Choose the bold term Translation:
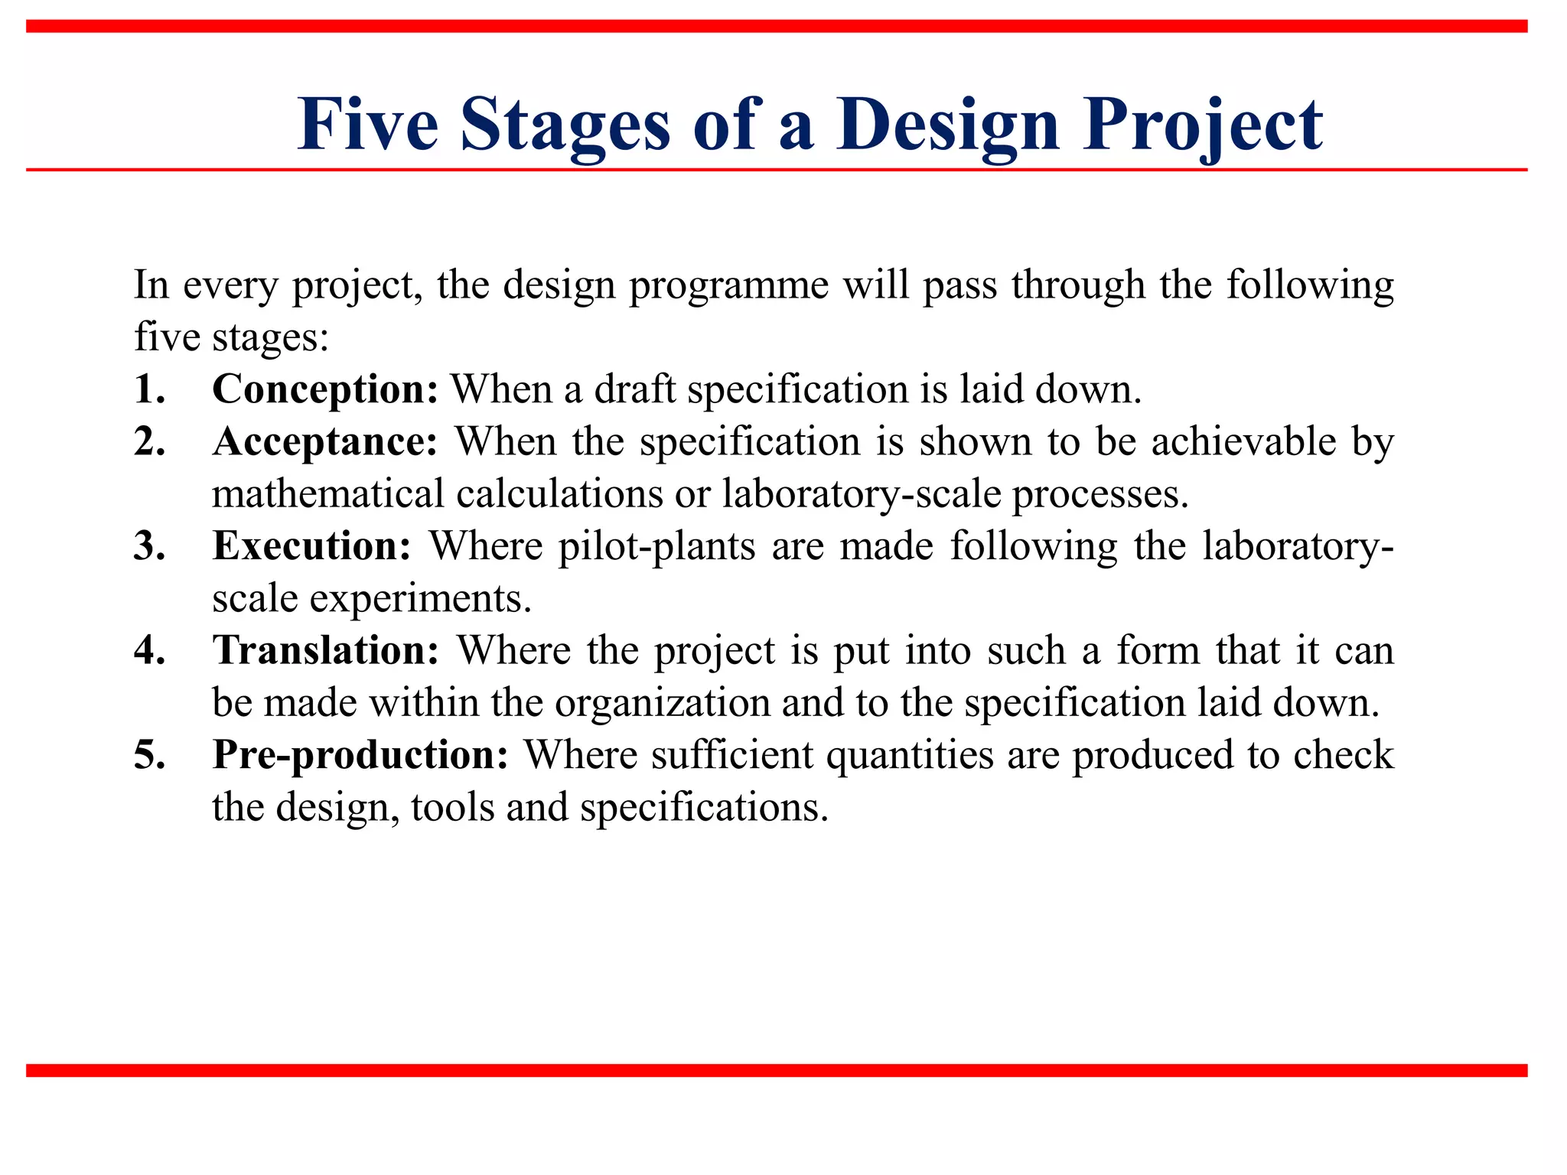[326, 650]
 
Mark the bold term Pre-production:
[360, 755]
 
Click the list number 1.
[149, 389]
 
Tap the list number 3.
[149, 546]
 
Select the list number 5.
[149, 755]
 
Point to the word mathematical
[327, 493]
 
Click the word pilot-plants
[656, 546]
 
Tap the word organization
[662, 702]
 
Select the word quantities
[910, 755]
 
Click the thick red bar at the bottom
[776, 1070]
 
